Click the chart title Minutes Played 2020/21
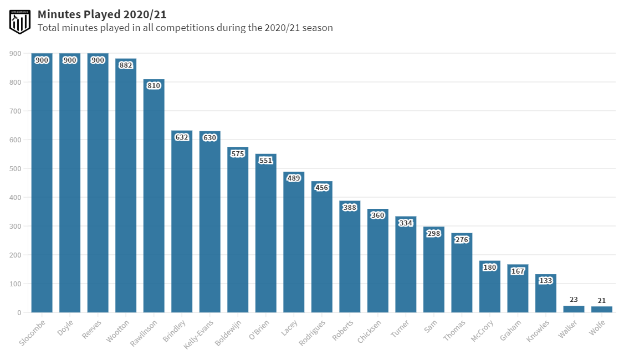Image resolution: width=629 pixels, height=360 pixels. tap(102, 14)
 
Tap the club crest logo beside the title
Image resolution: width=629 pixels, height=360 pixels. tap(19, 21)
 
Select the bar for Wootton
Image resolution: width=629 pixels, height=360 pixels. tap(126, 188)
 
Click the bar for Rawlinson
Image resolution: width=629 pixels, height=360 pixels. tap(154, 199)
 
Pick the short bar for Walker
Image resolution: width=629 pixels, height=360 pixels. tap(574, 309)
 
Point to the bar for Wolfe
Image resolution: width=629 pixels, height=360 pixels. tap(602, 310)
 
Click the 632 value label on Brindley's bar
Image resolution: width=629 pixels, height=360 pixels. tap(182, 137)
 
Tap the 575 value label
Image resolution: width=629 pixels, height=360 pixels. tap(238, 154)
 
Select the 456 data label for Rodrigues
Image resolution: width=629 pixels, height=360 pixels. tap(321, 188)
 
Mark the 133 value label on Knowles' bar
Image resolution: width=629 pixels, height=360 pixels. tap(545, 281)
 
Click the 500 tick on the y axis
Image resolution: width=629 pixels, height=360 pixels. tap(15, 169)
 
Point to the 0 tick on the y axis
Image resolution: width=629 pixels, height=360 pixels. tap(19, 313)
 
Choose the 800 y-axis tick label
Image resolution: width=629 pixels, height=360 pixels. tap(15, 83)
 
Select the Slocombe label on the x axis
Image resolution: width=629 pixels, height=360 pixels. tap(32, 333)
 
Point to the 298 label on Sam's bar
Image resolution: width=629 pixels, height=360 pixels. tap(433, 234)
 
